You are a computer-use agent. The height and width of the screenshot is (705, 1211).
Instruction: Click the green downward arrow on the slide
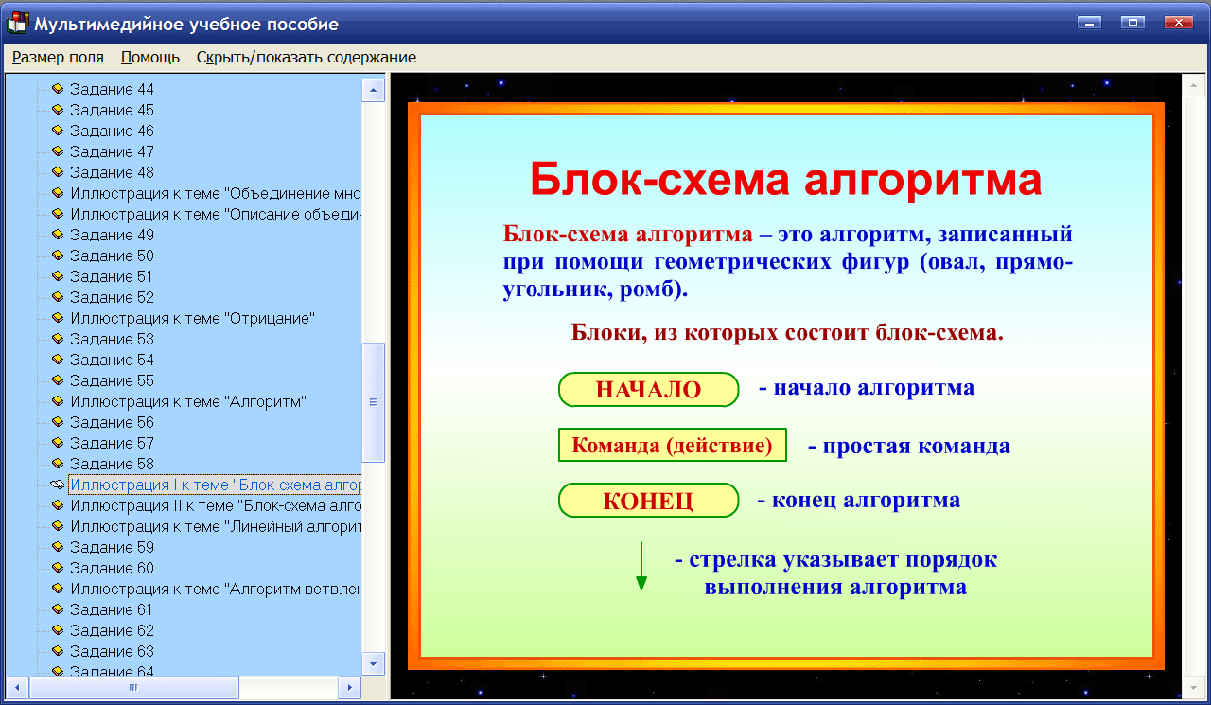pos(641,566)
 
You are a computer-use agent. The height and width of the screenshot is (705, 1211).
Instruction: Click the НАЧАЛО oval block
pos(648,390)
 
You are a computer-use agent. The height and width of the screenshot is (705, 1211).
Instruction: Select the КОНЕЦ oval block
pos(648,501)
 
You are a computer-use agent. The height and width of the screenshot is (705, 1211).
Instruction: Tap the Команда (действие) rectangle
pos(673,445)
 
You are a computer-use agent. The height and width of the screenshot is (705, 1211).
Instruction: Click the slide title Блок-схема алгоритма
pos(784,179)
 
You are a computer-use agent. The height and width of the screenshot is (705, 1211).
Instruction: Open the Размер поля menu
pos(58,57)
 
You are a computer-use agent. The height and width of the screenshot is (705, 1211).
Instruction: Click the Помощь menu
pos(150,57)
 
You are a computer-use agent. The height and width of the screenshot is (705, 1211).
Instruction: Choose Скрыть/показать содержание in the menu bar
pos(306,57)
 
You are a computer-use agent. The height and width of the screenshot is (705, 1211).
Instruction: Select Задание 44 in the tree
pos(112,89)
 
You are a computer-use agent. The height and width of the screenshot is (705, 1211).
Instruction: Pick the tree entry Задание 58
pos(112,464)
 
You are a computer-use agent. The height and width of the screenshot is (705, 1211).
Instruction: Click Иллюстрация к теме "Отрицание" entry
pos(192,318)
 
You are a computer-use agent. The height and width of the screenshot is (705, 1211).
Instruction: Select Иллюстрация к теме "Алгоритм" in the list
pos(188,401)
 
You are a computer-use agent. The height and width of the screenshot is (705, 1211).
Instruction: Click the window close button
pos(1177,23)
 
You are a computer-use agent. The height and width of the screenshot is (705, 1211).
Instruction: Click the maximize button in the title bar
pos(1132,23)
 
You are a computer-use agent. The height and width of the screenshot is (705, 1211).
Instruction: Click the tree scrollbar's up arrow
pos(374,90)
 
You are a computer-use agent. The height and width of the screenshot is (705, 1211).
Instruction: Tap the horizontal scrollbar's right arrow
pos(349,687)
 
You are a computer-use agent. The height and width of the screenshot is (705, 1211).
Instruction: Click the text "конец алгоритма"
pos(866,500)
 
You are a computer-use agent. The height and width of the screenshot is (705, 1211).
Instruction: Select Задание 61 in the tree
pos(112,609)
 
